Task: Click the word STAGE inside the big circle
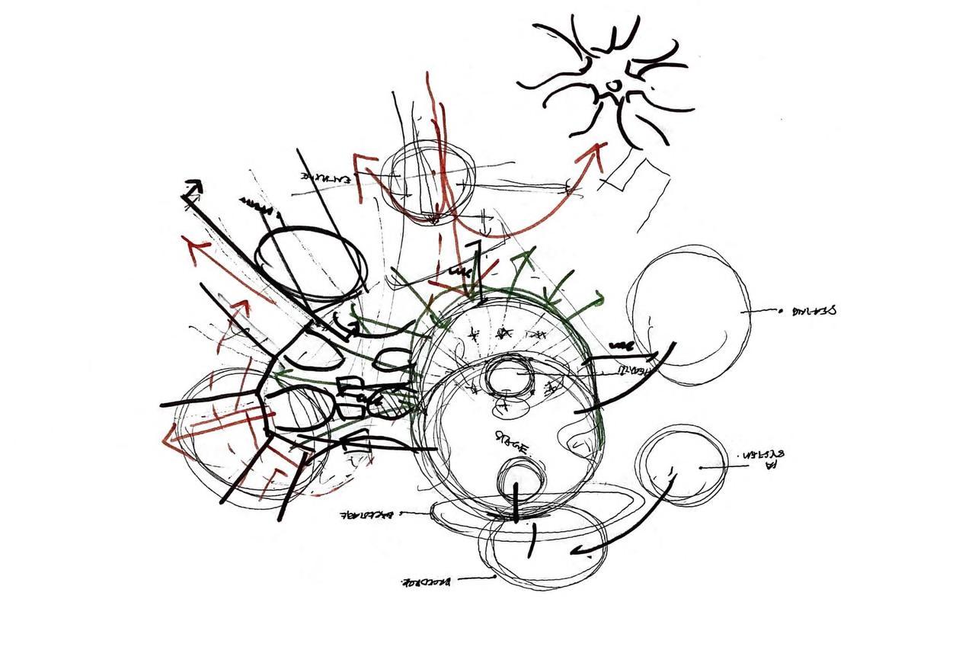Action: pos(512,442)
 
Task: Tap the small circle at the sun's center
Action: pos(609,85)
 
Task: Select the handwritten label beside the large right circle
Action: pos(814,311)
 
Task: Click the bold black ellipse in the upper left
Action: pos(310,259)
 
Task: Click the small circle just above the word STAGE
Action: pos(508,379)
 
